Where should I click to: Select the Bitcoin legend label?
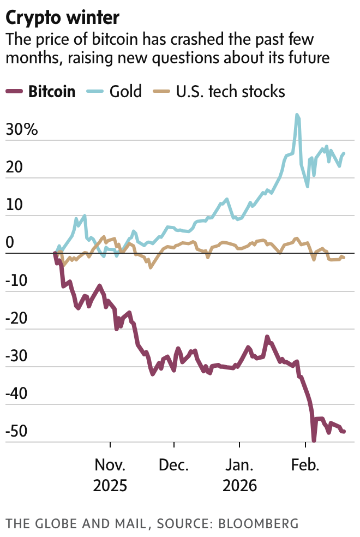[52, 91]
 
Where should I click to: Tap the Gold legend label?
[125, 91]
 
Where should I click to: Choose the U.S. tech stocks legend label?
[231, 91]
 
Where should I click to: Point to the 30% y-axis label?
[22, 130]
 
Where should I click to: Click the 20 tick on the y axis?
[15, 168]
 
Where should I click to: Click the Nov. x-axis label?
[110, 466]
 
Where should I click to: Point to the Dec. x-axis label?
[174, 466]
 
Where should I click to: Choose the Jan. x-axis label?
[239, 466]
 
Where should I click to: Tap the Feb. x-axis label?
[304, 466]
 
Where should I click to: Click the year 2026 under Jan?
[239, 485]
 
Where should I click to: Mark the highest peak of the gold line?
[297, 115]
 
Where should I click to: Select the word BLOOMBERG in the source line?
[259, 523]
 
